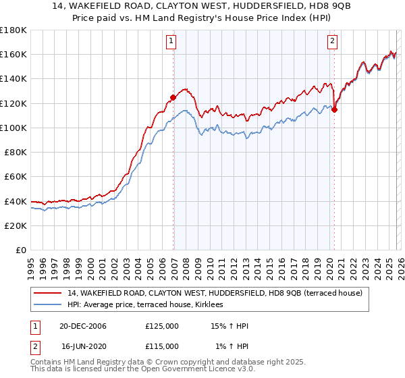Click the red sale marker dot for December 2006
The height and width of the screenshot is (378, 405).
[x=173, y=97]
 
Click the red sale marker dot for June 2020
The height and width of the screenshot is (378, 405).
[x=334, y=110]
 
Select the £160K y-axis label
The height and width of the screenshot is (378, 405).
[x=13, y=54]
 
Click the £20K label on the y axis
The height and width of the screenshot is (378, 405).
[x=16, y=225]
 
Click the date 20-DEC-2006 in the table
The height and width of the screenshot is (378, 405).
[x=83, y=326]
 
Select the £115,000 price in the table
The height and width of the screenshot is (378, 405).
[x=162, y=346]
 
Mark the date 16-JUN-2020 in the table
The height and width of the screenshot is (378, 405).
[x=83, y=346]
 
